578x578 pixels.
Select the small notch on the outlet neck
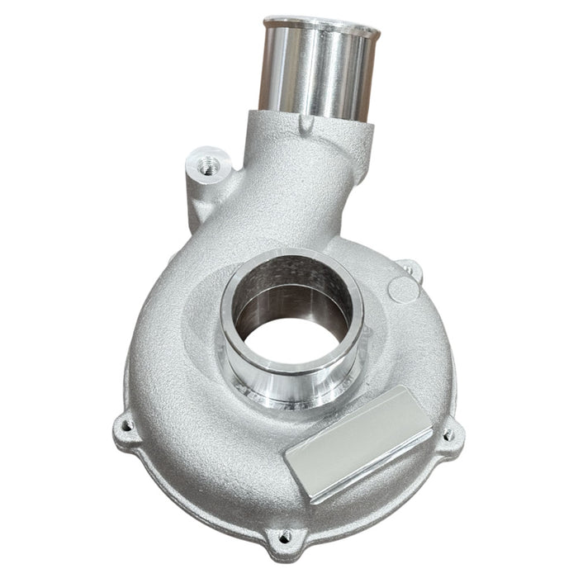coord(307,125)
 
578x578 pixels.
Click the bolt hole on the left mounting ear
coord(126,426)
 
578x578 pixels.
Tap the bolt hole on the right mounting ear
coord(448,433)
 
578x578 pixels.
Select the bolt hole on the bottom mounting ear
coord(285,536)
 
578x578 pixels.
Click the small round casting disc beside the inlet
coord(401,290)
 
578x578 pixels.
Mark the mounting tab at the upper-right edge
coord(407,268)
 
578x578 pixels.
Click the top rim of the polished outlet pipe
coord(320,23)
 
